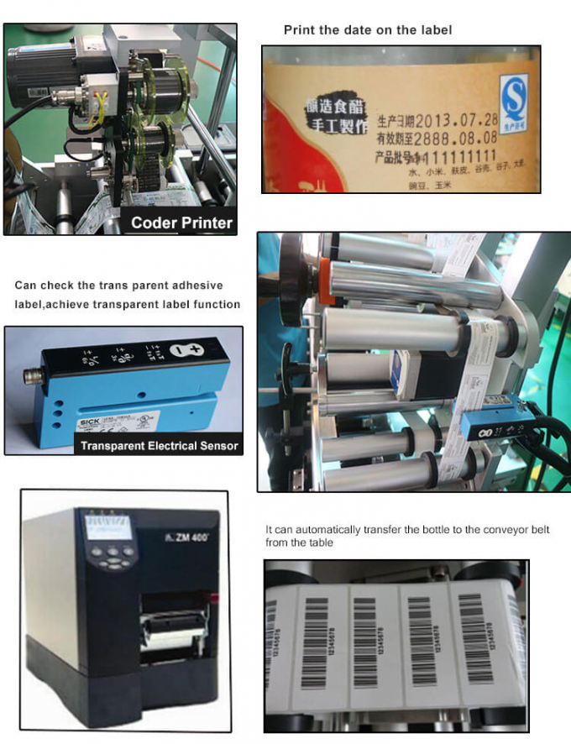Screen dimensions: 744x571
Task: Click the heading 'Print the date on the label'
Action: pos(368,30)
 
